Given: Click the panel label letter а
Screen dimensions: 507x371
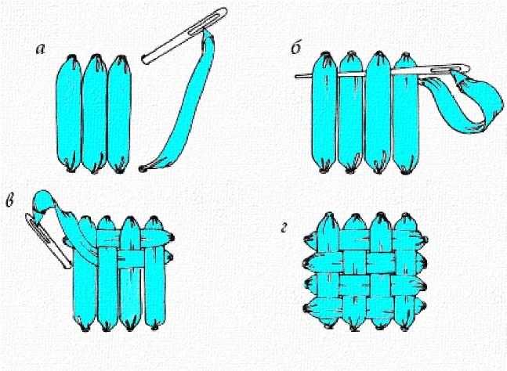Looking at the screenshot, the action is click(41, 49).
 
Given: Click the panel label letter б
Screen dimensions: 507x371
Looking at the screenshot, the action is click(297, 49).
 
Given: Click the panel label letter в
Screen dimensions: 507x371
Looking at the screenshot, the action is click(9, 200).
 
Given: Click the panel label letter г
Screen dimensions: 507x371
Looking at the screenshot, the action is click(284, 229).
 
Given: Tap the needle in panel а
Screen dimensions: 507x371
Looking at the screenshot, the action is click(185, 35).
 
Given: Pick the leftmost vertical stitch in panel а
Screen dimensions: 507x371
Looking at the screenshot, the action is click(68, 113).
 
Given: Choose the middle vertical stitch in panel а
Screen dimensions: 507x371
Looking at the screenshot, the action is click(94, 113).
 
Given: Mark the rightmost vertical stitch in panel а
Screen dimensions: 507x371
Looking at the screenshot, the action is click(119, 114).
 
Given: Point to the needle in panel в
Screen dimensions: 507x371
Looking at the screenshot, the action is click(48, 241).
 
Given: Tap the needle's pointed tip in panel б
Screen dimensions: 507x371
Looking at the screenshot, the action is click(297, 77).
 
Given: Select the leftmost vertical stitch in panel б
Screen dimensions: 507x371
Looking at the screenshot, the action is click(324, 112).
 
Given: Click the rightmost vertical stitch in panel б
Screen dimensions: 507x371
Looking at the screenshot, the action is click(406, 113).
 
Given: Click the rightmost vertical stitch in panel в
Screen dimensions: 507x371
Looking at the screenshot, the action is click(155, 272).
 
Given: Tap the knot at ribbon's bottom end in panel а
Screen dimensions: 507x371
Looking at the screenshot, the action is click(141, 168).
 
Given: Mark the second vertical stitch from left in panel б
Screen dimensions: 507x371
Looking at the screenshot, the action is click(352, 113).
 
